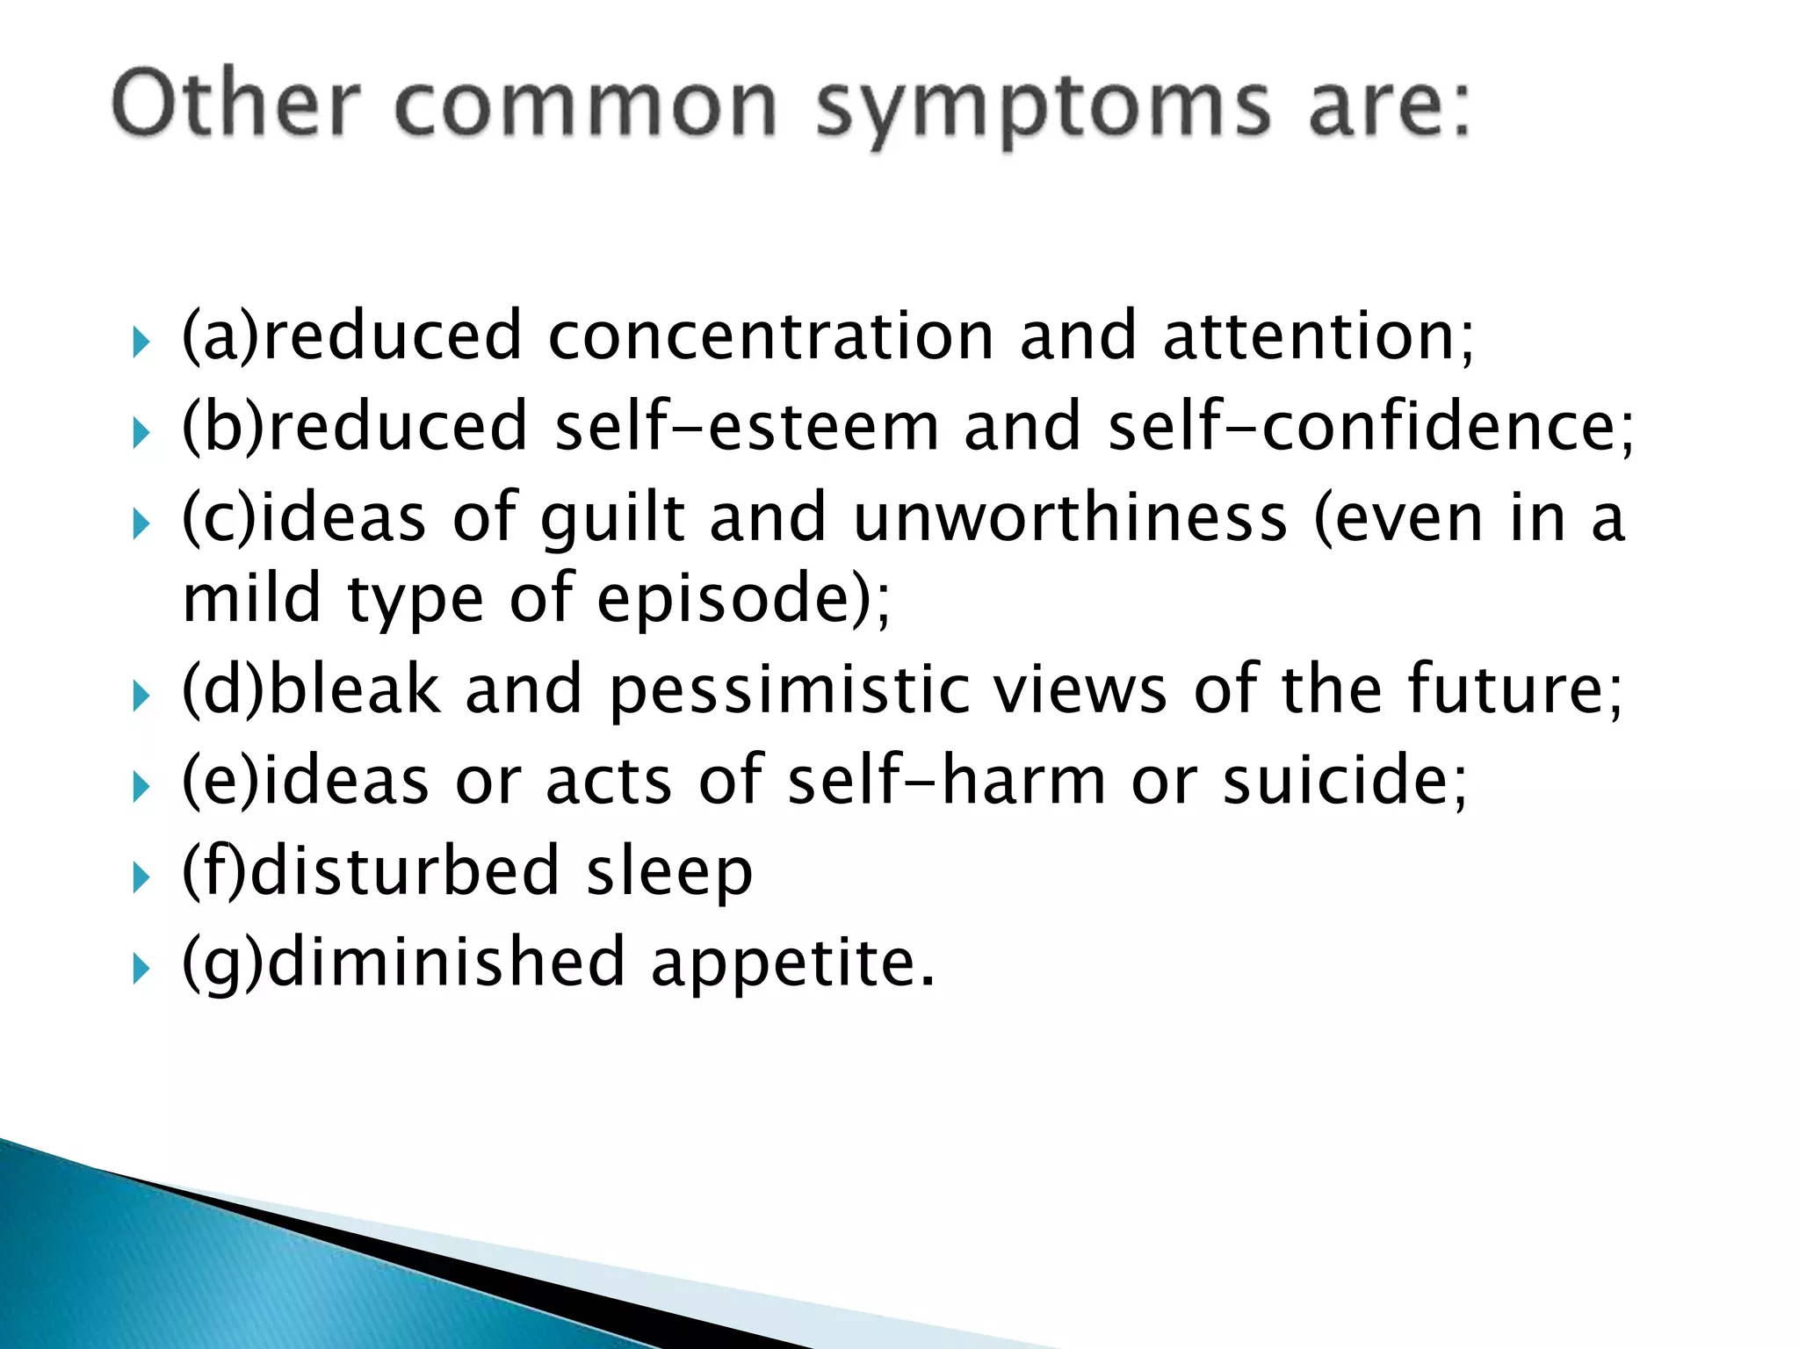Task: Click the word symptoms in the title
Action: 1043,107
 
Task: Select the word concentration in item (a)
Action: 770,336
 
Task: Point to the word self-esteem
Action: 747,427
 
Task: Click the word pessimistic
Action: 790,690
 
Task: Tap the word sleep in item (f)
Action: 669,872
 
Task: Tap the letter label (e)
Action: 220,782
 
